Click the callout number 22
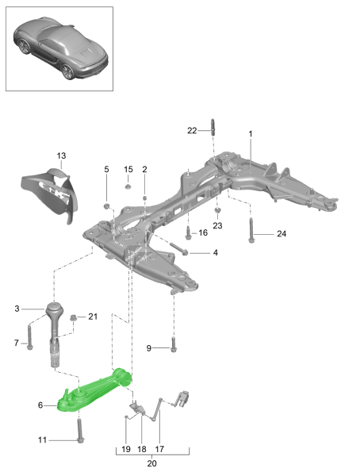tap(191, 130)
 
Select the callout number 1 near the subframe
tap(251, 135)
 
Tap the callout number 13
tap(61, 155)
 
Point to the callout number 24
tap(281, 233)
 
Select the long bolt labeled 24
tap(251, 229)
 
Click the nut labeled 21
tap(73, 319)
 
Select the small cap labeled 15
tap(128, 187)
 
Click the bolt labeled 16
tap(187, 233)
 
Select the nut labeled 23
tap(217, 212)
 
